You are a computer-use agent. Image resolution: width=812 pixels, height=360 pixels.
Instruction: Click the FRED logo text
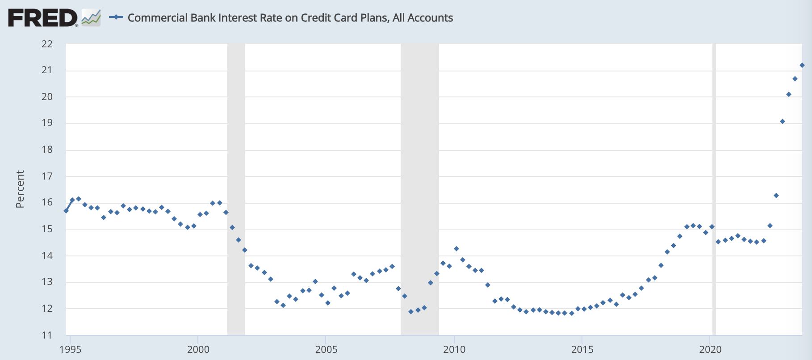[42, 18]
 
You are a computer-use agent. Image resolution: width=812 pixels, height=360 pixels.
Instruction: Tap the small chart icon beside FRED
[91, 18]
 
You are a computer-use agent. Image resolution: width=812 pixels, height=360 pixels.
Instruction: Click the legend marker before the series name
[116, 17]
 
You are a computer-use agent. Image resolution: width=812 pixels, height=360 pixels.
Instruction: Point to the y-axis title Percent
[20, 189]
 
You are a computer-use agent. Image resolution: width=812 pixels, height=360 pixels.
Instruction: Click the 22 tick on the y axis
[47, 44]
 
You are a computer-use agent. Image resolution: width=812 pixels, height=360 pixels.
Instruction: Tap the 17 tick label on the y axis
[47, 176]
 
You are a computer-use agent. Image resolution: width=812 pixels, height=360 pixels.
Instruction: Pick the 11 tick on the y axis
[47, 335]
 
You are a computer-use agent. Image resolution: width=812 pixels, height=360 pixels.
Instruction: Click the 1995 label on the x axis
[71, 349]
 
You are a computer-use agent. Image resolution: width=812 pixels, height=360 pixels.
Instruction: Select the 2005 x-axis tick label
[326, 349]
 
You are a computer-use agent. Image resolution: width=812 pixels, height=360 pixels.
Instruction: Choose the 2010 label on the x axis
[454, 349]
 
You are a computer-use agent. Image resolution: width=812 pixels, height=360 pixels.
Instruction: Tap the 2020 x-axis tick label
[710, 349]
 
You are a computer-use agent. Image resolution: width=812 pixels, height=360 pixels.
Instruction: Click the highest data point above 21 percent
[802, 65]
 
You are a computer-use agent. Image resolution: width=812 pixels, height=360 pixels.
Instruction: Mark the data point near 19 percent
[783, 121]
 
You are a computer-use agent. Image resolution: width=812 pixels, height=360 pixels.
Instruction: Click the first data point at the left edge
[66, 211]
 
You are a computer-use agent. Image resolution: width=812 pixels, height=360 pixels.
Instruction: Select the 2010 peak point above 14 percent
[456, 249]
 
